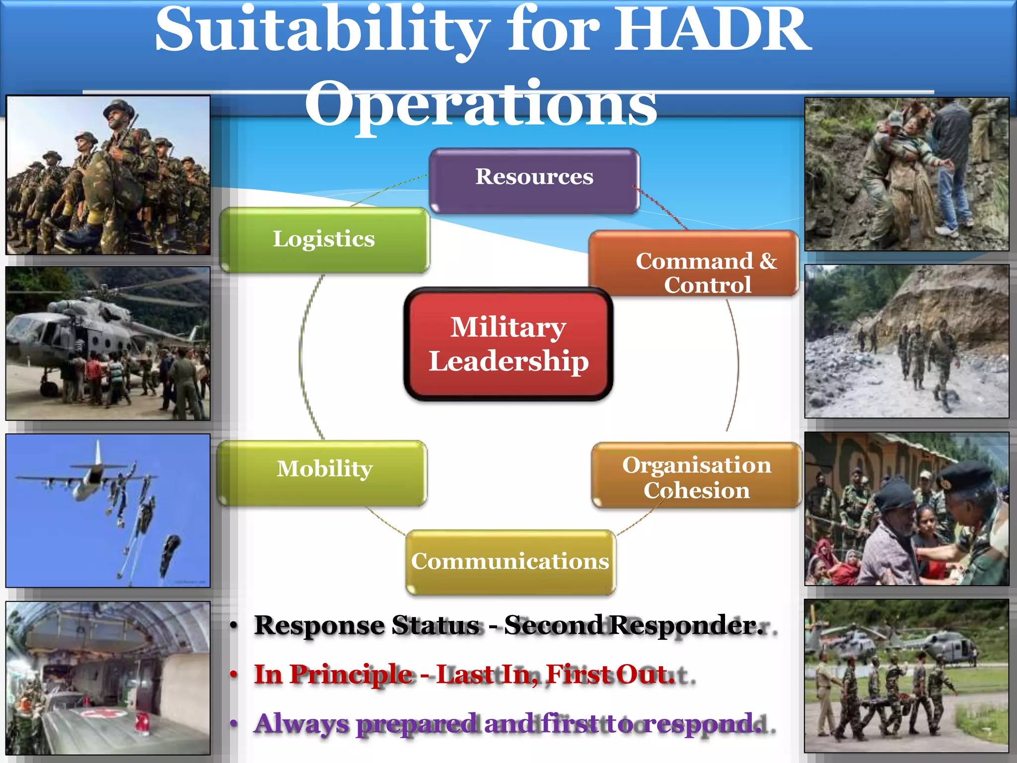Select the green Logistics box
click(324, 239)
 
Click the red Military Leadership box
click(508, 344)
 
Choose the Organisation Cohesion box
click(696, 476)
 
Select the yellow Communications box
click(510, 561)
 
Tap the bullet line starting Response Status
click(507, 625)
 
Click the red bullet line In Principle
click(464, 674)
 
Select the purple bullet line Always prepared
click(507, 723)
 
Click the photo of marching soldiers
click(108, 175)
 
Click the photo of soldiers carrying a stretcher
click(906, 676)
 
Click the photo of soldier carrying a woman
click(906, 174)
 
